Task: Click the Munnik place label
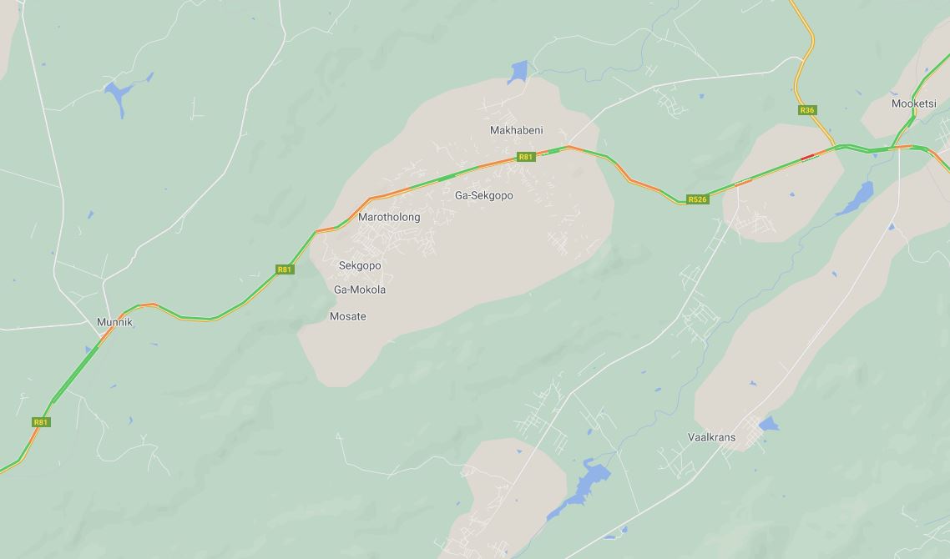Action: pos(114,322)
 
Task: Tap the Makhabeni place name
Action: pos(516,130)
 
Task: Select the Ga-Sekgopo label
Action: pos(483,195)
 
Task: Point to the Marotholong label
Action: pos(389,217)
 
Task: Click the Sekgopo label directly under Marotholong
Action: pos(360,265)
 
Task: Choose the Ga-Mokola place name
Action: pos(360,290)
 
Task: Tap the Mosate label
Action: pos(348,316)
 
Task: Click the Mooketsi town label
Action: pos(913,103)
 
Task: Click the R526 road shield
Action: pos(697,199)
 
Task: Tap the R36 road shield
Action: pos(806,110)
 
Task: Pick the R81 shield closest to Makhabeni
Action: pos(525,157)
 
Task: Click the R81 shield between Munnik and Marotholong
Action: pos(285,269)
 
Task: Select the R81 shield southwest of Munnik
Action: pos(41,422)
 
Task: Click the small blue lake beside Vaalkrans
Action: pos(768,425)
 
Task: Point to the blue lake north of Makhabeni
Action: pos(518,72)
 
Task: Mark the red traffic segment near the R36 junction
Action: pos(807,156)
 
